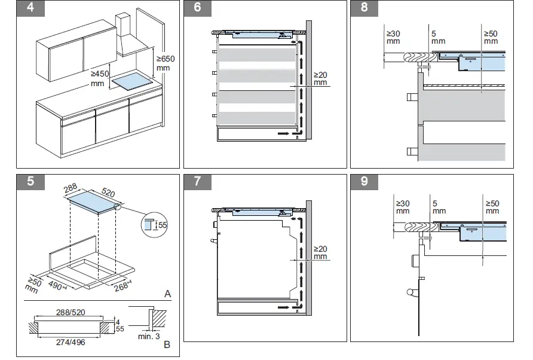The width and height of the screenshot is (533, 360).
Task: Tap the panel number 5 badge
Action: coord(30,182)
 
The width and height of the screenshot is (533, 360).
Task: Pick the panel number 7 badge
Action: coord(197,182)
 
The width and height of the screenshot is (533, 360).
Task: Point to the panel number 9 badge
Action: coord(364,182)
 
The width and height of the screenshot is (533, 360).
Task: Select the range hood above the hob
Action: coord(130,37)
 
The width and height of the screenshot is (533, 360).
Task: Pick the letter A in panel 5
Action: coord(168,294)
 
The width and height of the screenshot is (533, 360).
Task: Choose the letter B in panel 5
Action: coord(167,344)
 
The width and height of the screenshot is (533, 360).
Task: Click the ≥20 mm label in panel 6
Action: coord(321,79)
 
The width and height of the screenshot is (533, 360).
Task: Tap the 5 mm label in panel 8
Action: coord(438,37)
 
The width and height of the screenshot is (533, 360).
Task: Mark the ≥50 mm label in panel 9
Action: coord(492,207)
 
